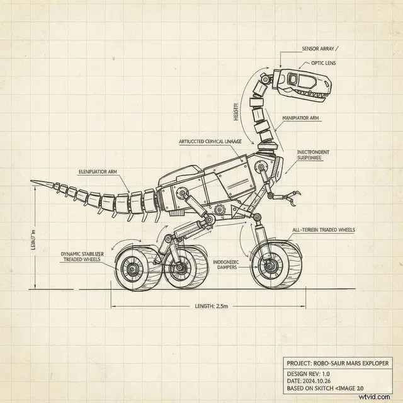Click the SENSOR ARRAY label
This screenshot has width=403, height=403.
(319, 48)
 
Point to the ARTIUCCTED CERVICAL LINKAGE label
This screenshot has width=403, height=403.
(210, 142)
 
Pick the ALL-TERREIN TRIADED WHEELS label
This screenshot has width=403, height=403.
(324, 230)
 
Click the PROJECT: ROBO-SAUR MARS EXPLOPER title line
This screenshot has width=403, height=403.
(338, 363)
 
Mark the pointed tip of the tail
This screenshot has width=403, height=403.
(33, 183)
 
